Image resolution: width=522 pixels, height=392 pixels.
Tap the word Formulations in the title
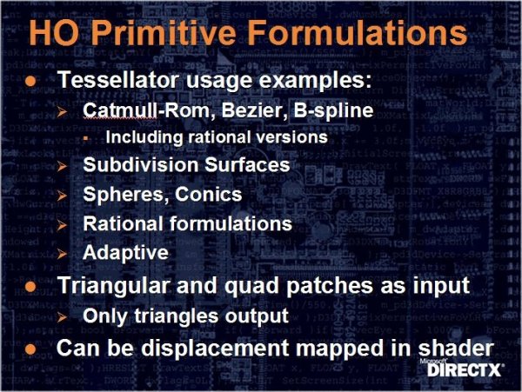click(x=358, y=32)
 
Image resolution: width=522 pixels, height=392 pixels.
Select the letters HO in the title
click(x=55, y=32)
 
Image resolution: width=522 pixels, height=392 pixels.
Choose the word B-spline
click(x=333, y=110)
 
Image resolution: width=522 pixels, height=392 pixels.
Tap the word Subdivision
click(x=141, y=164)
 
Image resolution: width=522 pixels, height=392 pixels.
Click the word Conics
click(x=209, y=194)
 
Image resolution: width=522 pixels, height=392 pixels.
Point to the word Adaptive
click(x=125, y=253)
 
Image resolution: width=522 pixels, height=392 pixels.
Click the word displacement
click(x=215, y=349)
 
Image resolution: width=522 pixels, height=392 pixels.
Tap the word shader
click(x=455, y=348)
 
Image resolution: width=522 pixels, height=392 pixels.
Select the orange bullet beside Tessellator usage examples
click(x=30, y=81)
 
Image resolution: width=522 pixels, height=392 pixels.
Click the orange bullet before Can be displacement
click(x=30, y=349)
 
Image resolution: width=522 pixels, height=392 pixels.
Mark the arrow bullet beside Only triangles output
click(x=62, y=317)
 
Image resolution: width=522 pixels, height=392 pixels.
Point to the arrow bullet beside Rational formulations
click(x=62, y=225)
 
